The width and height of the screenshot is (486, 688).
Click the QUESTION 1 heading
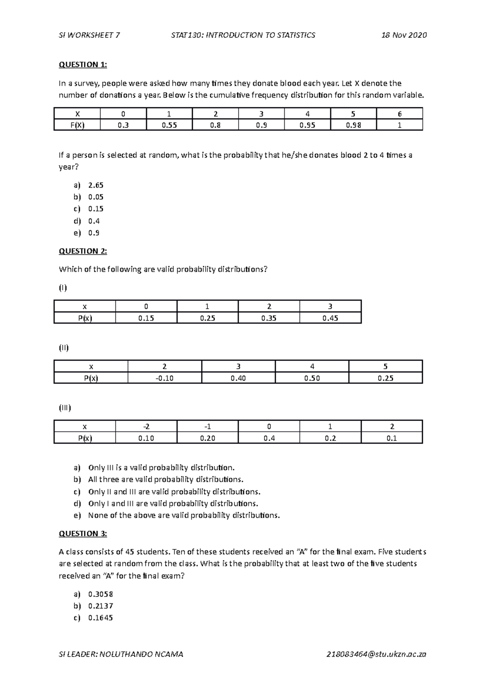[83, 64]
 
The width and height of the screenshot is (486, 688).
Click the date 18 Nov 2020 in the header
[404, 35]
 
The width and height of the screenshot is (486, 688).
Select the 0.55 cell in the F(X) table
[169, 125]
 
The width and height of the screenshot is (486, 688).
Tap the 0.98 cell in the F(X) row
[353, 125]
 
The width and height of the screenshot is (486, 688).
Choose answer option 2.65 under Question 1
[96, 185]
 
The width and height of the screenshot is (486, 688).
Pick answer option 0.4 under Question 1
[94, 221]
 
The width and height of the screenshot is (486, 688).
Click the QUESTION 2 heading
[83, 251]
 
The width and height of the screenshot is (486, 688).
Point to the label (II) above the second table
[64, 348]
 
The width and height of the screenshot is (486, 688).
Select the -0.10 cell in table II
[164, 378]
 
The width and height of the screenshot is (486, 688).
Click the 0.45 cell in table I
[330, 318]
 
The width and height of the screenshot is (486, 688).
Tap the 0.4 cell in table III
[269, 438]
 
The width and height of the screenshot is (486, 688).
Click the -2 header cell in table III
[146, 427]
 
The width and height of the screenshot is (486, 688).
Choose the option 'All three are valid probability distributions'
[166, 480]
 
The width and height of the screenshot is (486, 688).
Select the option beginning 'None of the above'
[184, 516]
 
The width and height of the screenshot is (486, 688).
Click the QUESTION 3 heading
[83, 534]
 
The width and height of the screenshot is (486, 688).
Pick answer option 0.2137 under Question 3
[100, 606]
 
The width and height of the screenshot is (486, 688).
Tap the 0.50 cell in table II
[312, 378]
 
